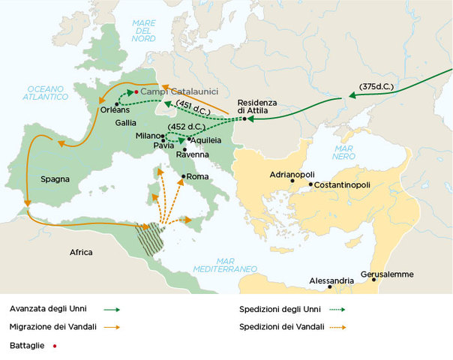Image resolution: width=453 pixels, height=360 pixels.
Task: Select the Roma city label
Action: [197, 177]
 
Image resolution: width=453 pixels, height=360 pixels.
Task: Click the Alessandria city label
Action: [331, 281]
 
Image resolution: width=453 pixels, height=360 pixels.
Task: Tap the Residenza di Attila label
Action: [257, 106]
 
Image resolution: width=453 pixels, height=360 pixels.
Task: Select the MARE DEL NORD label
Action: [143, 30]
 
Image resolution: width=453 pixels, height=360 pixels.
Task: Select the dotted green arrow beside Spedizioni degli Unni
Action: [332, 307]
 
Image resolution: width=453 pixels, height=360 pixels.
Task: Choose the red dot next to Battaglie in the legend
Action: [55, 346]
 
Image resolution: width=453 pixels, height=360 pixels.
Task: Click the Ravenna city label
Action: [192, 154]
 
